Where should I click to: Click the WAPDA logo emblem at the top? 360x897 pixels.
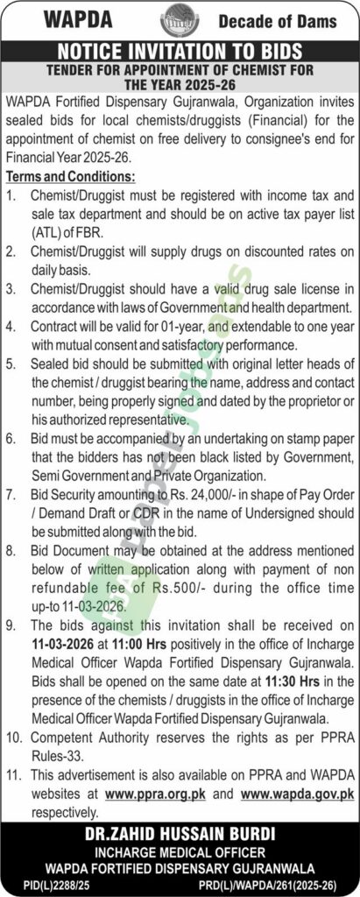point(180,18)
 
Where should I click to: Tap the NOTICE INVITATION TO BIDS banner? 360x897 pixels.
point(180,51)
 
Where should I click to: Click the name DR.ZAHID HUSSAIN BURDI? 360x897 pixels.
point(180,833)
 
